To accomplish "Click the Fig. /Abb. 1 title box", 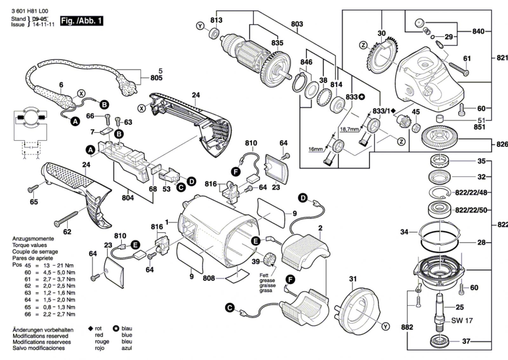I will point(82,21).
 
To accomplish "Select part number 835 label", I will point(277,43).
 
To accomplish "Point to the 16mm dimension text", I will point(315,149).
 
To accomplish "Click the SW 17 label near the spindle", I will point(462,321).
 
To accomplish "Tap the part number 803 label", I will point(297,24).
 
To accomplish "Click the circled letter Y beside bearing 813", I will point(200,26).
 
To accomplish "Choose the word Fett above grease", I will point(264,275).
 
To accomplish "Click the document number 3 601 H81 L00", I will point(30,11).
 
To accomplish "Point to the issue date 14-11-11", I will point(43,24).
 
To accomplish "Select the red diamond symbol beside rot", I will point(90,329).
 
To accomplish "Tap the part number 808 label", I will point(209,278).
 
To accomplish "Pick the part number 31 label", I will point(353,279).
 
